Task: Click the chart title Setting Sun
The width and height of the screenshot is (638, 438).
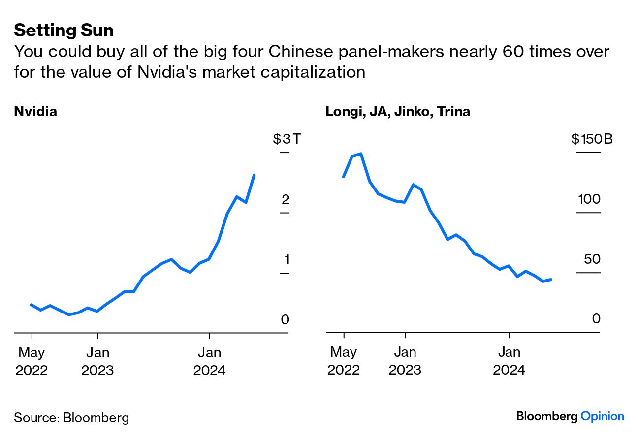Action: click(x=64, y=31)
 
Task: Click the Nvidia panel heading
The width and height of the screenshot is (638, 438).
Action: click(x=35, y=111)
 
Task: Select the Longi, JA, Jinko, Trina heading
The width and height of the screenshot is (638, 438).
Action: click(x=398, y=111)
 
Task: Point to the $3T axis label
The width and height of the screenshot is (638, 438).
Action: click(x=287, y=139)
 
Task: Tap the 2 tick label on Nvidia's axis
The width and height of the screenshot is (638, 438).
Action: click(x=285, y=199)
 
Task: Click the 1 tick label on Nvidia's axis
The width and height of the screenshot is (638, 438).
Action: click(x=285, y=259)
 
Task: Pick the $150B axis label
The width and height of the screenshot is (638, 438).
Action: click(x=592, y=139)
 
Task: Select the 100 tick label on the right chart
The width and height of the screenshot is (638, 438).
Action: click(x=589, y=199)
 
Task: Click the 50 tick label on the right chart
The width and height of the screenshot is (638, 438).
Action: click(x=592, y=259)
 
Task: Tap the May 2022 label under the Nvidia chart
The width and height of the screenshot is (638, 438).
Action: click(x=32, y=361)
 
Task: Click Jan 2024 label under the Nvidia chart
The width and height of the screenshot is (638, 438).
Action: click(x=210, y=361)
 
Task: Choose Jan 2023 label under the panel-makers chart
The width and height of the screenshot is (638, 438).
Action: click(x=405, y=361)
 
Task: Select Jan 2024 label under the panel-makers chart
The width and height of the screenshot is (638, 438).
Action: click(x=509, y=361)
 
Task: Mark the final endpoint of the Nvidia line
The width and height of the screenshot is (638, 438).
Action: click(x=254, y=175)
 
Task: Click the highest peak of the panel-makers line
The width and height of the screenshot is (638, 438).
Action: click(x=361, y=154)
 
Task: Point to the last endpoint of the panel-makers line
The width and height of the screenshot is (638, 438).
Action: click(x=551, y=279)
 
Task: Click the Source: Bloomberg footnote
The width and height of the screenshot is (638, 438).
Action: click(x=71, y=418)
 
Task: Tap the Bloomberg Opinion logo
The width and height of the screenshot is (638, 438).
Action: click(x=570, y=416)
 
